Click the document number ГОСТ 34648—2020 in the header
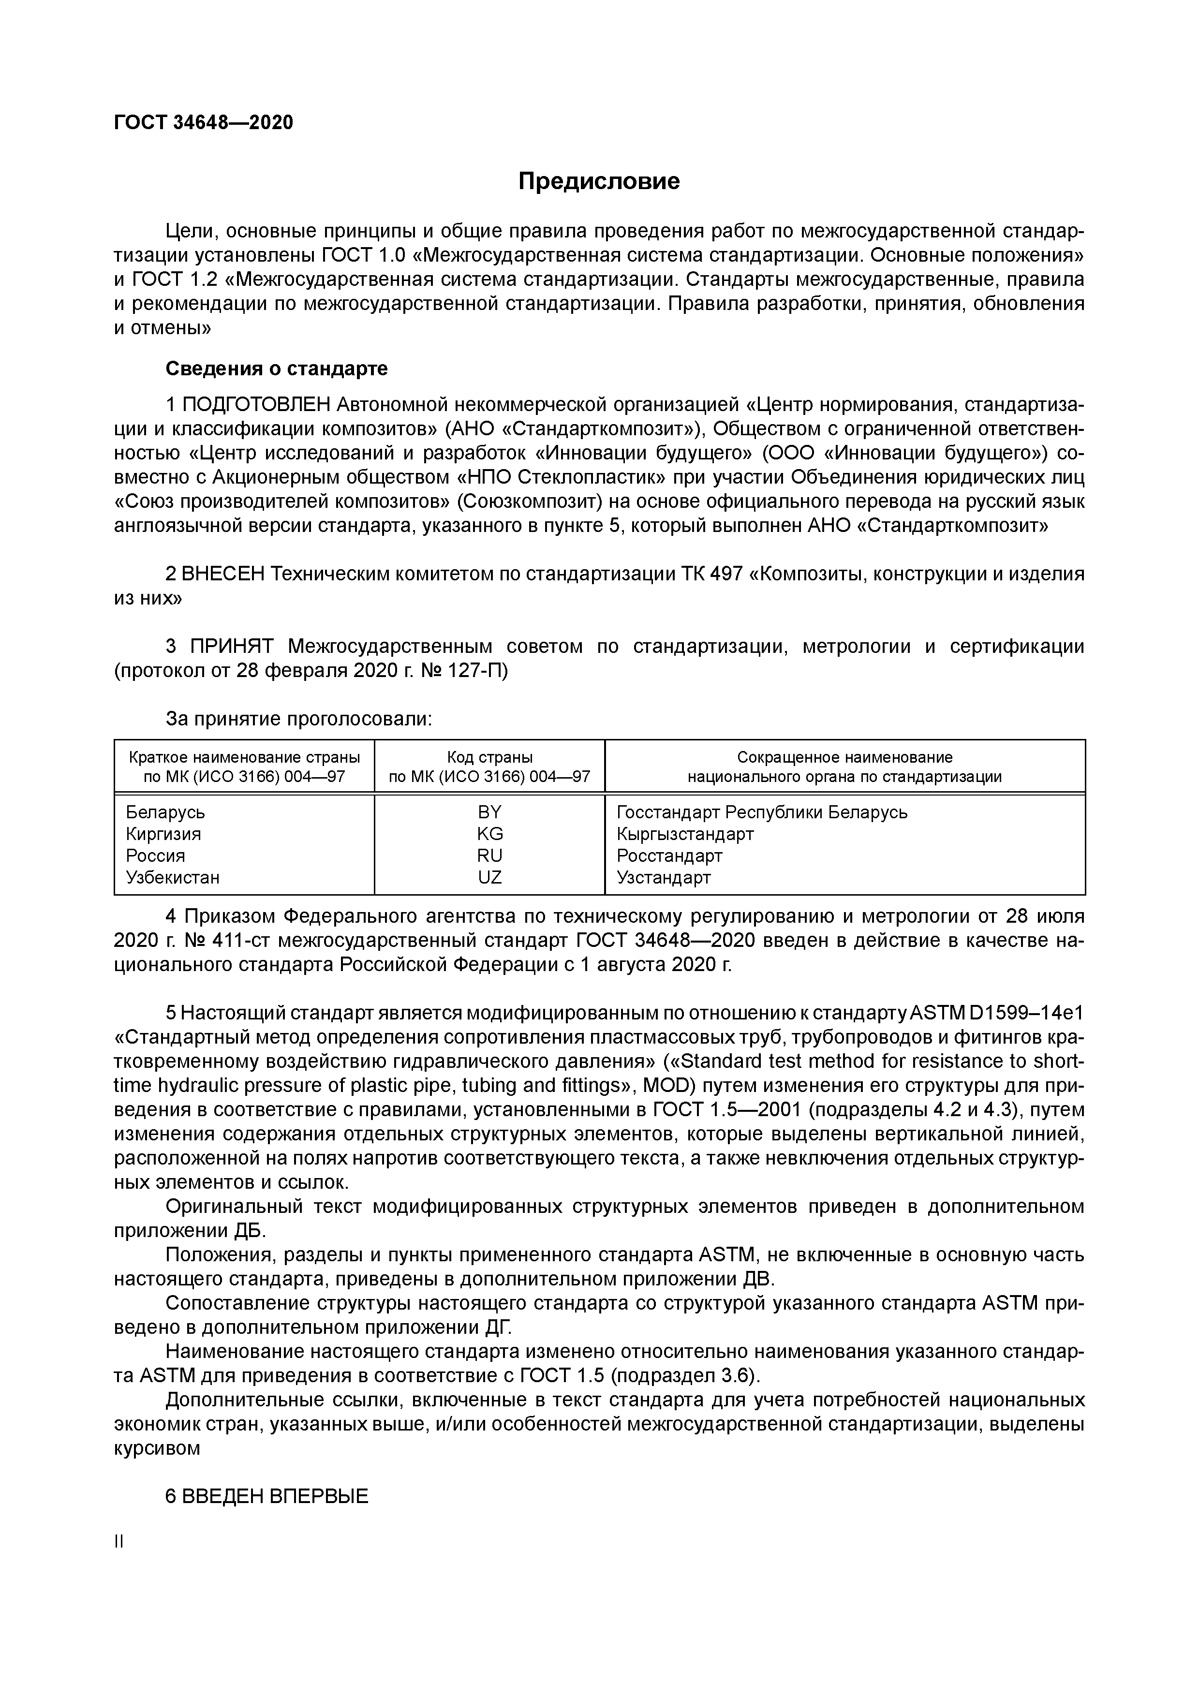pos(203,123)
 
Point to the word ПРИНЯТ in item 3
pos(231,647)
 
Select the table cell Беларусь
pos(165,812)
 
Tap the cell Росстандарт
pos(668,855)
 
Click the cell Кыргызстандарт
pos(685,834)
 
